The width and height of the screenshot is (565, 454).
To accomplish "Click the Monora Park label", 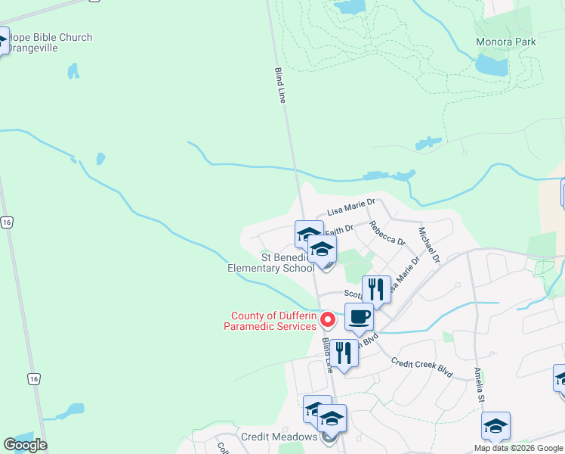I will [x=506, y=42].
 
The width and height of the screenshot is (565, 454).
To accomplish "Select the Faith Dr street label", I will [x=339, y=228].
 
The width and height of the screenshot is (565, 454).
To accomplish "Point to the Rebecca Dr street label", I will [x=387, y=233].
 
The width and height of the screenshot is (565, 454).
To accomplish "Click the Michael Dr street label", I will [x=429, y=244].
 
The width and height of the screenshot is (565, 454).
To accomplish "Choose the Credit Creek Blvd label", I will [x=421, y=368].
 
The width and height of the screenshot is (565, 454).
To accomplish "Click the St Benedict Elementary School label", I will [x=272, y=263].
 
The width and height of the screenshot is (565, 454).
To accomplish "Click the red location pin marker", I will [x=328, y=320].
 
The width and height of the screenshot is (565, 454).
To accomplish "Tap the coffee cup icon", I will [x=360, y=317].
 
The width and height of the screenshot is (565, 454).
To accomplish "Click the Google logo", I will [x=25, y=445].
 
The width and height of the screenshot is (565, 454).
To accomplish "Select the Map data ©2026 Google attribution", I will [x=519, y=448].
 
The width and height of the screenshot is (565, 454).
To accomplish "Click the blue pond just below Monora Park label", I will [x=491, y=66].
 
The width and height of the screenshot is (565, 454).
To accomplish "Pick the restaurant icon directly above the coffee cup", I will [x=376, y=289].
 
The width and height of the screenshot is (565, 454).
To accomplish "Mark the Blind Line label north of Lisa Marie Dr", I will [x=281, y=86].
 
